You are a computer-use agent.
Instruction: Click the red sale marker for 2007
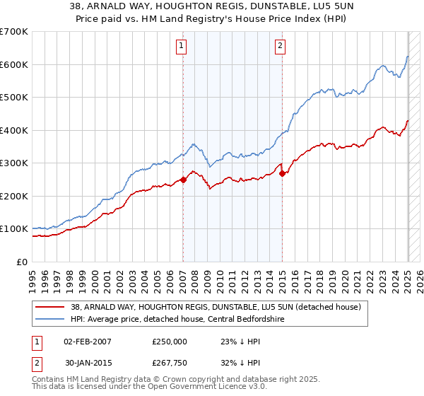click(183, 180)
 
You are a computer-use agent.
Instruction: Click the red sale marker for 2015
click(282, 173)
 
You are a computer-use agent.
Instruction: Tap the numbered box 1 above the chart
click(182, 46)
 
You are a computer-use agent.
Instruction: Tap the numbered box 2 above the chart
click(281, 46)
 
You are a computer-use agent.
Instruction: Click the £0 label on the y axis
click(23, 262)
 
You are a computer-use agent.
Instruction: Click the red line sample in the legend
click(50, 306)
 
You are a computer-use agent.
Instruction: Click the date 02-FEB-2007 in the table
click(88, 342)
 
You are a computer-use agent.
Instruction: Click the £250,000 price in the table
click(169, 342)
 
